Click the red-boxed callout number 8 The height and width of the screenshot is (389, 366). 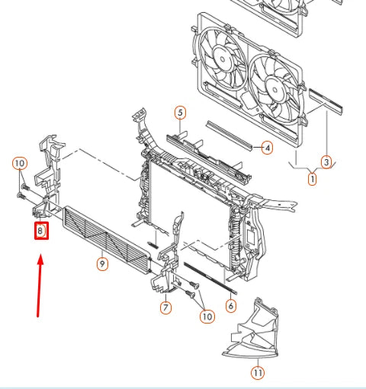point(41,229)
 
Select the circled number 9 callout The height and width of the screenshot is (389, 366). point(101,263)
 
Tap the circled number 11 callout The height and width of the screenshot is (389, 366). point(257,372)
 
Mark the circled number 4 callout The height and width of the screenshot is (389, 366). point(267,148)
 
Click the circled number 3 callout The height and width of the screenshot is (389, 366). point(326,161)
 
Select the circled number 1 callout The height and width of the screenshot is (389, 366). point(312,180)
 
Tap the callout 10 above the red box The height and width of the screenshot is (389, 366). point(20,164)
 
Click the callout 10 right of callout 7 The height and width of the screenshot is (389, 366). point(205,316)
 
